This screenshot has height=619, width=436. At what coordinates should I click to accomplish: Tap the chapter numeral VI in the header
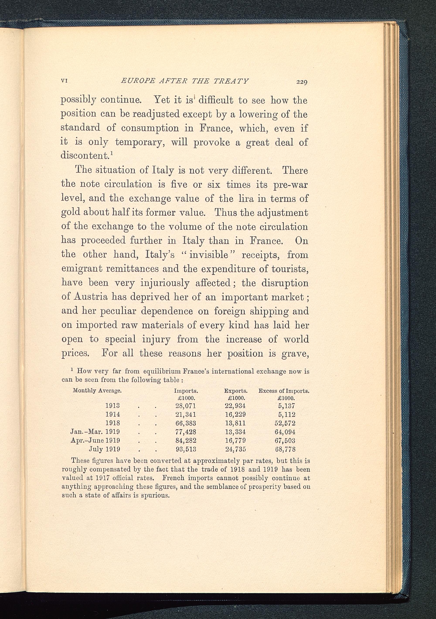coord(64,81)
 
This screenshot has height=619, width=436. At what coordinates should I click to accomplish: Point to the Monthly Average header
coord(97,390)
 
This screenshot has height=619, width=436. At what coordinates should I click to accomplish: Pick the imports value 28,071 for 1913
coord(186,406)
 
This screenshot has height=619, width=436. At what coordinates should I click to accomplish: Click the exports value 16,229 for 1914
coord(235,414)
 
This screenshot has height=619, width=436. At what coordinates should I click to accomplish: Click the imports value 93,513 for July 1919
coord(186,449)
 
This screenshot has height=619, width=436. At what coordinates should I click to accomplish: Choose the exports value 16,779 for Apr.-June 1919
coord(235,440)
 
